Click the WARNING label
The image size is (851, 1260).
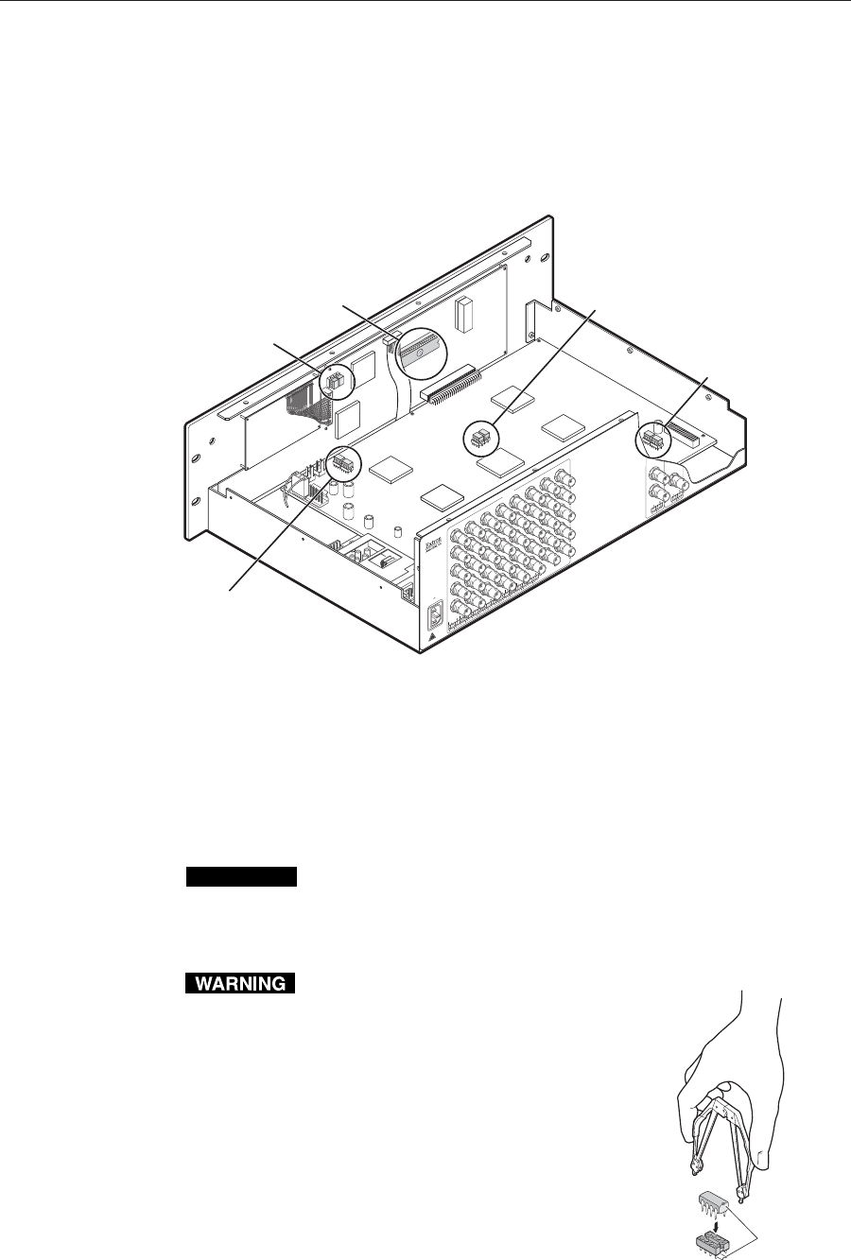coord(241,984)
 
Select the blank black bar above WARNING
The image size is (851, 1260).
coord(241,877)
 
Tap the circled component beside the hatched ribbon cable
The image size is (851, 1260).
coord(336,381)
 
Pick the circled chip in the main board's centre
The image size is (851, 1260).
coord(480,437)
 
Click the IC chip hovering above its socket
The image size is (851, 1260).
coord(712,1200)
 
